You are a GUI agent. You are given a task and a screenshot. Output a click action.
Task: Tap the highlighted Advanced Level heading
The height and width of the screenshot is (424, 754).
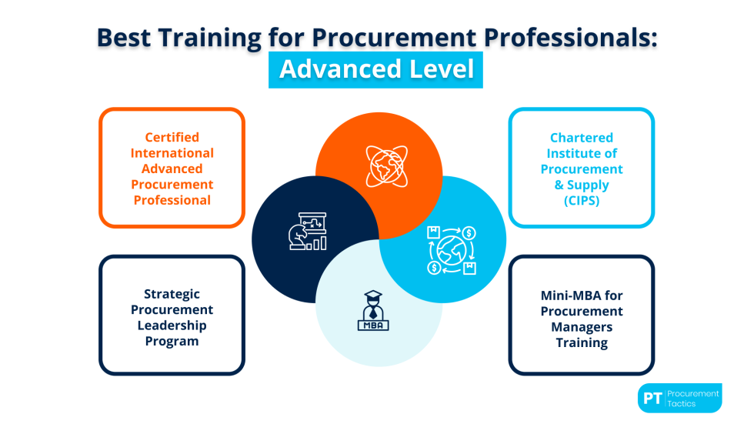(376, 69)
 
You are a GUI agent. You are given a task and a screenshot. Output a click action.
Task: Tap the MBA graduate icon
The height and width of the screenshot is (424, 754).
(375, 312)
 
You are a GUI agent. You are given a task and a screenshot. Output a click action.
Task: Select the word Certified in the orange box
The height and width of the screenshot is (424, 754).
(172, 137)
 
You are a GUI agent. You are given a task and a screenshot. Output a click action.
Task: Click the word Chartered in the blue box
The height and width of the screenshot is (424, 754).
(581, 138)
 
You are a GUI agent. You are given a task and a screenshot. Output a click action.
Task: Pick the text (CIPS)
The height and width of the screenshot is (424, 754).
(581, 200)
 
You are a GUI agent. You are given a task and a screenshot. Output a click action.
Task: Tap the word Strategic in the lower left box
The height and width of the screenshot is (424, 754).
(172, 293)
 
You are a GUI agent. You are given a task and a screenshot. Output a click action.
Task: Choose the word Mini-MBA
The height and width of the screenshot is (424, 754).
(582, 295)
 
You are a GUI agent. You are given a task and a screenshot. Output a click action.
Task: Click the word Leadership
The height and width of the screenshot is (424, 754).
(172, 325)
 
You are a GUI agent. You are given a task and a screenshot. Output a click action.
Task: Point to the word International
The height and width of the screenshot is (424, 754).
(172, 152)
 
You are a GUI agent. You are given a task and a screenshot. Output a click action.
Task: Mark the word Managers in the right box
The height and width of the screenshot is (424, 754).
(582, 327)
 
